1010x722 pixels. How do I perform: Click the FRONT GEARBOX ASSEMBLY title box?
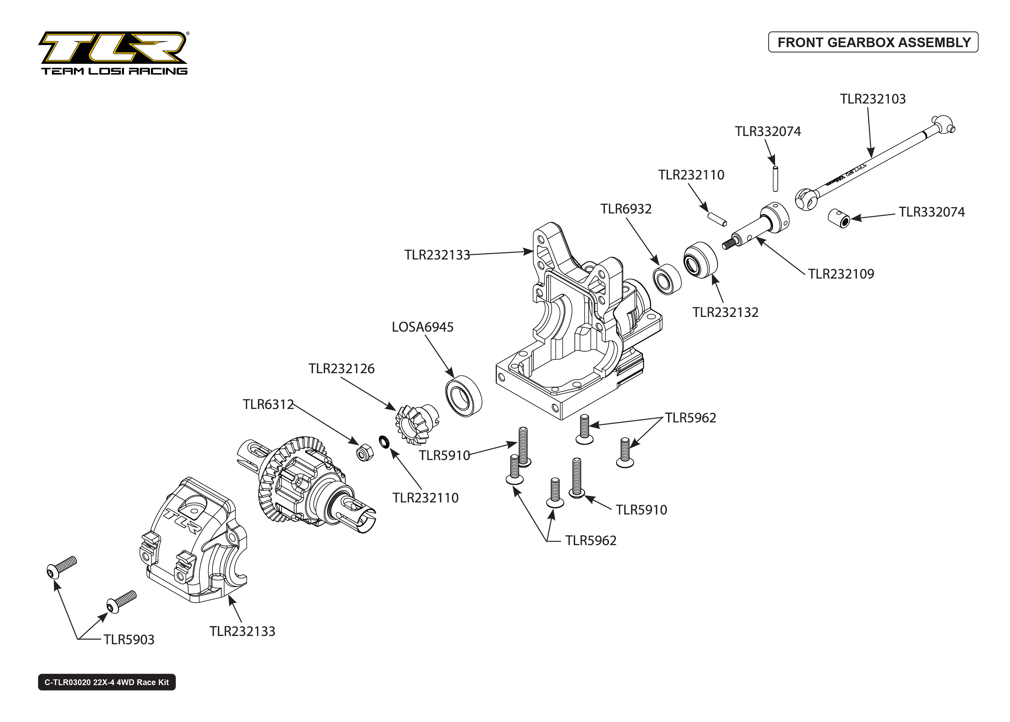(x=873, y=42)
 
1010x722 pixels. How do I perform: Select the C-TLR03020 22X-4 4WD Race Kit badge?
(x=107, y=682)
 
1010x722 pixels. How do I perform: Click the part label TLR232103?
(x=872, y=99)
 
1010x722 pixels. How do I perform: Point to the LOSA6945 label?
(x=422, y=327)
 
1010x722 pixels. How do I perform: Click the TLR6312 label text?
(x=268, y=404)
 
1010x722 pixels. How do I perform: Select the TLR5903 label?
(x=129, y=639)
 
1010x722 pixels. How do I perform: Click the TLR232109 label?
(x=841, y=274)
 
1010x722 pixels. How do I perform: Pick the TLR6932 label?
(x=626, y=208)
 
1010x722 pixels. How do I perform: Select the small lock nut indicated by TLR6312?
(x=365, y=453)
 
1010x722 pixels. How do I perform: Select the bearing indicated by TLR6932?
(x=667, y=279)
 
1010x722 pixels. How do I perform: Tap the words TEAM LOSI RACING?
(x=114, y=71)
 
